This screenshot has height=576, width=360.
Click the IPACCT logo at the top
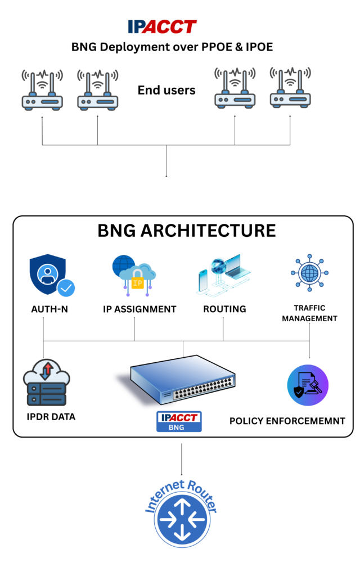click(162, 26)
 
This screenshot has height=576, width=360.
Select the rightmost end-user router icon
click(290, 88)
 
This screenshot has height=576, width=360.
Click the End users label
click(166, 90)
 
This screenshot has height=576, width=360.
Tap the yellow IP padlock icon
click(137, 280)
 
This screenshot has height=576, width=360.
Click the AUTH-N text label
click(49, 309)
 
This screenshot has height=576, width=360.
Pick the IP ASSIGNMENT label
click(139, 309)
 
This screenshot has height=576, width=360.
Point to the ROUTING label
click(224, 309)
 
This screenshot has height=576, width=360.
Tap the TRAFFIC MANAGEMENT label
click(309, 313)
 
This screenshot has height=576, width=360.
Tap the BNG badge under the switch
click(179, 422)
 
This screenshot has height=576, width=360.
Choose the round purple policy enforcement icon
click(307, 385)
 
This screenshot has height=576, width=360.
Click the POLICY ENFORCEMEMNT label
click(287, 421)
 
